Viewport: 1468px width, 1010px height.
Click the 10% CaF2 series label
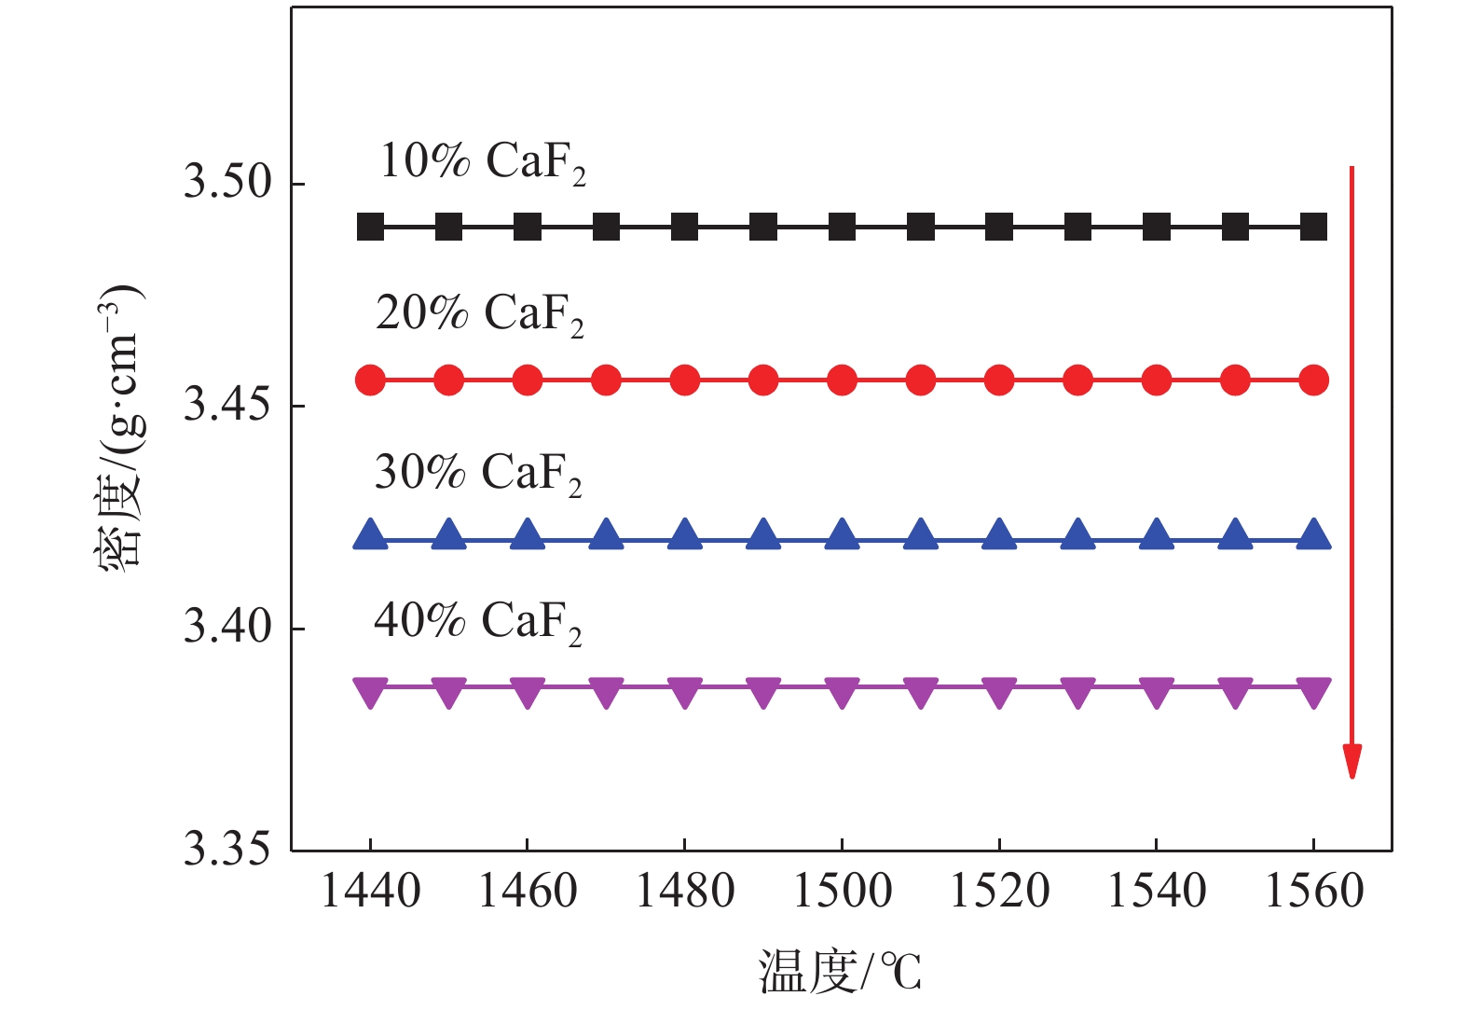483,162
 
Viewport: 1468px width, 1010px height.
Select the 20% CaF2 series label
480,314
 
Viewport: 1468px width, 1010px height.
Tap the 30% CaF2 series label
478,474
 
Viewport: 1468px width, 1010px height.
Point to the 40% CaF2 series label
478,622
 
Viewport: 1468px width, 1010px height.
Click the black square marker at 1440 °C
371,227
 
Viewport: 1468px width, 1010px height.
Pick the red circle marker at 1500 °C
842,380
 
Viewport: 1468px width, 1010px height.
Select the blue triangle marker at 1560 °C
1313,534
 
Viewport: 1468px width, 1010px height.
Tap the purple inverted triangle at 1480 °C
685,691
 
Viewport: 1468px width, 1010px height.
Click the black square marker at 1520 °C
999,227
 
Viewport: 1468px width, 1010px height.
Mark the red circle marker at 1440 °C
371,380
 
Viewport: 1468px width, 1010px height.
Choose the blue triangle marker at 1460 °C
528,534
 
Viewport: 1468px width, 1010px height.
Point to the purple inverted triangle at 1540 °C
1157,691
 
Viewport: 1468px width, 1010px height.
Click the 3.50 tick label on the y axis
227,182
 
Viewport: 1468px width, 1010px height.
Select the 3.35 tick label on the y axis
227,849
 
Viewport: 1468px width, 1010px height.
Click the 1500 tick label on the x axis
842,892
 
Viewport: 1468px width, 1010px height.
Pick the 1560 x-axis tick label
1313,892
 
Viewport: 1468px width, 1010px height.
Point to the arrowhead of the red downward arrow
1351,760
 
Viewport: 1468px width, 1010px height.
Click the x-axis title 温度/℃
840,972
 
